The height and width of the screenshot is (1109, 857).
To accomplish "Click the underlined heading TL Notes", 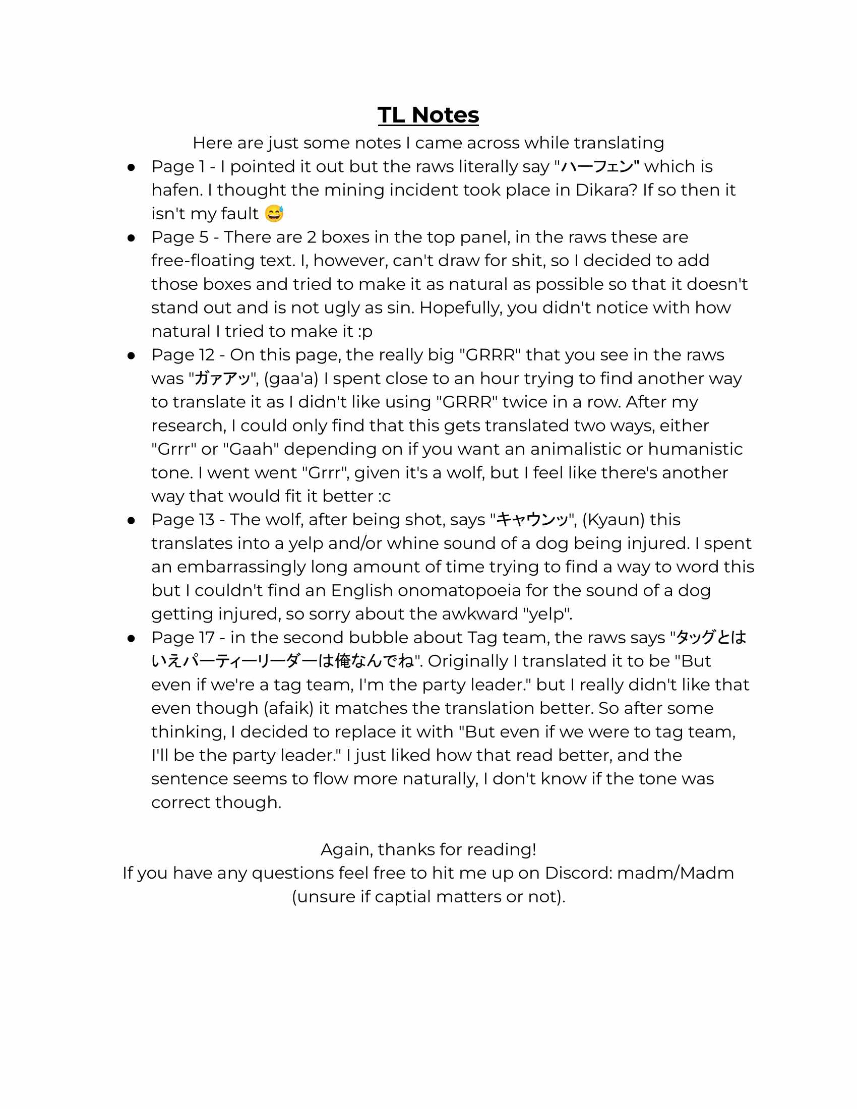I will pos(428,115).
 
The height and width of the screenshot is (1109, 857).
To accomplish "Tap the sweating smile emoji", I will pos(274,213).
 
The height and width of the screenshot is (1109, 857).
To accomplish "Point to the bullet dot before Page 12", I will pos(131,355).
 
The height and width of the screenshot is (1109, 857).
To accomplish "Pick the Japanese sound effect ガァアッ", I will pos(223,378).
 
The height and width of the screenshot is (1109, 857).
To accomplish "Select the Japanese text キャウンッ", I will pos(532,519).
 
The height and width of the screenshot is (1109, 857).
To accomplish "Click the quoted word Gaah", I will pos(252,449).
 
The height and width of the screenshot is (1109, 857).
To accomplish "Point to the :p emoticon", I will pos(365,331).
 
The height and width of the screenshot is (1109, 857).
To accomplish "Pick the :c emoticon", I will pos(384,496).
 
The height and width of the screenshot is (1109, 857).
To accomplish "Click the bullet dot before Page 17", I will pos(131,638).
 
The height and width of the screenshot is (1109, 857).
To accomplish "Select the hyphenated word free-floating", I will pos(222,261).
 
